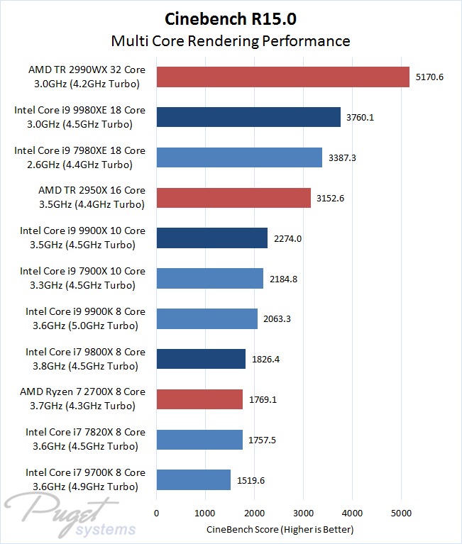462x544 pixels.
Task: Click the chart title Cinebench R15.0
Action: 231,17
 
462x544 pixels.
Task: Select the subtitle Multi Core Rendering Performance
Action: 231,40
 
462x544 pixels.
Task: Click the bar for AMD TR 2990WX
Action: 282,77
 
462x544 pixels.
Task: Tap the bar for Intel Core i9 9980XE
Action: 248,117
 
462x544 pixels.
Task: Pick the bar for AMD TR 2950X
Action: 233,197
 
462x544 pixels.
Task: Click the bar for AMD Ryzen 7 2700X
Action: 199,399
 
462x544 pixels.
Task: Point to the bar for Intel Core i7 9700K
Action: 194,479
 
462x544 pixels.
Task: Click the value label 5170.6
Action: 429,77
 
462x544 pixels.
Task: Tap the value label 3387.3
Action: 342,157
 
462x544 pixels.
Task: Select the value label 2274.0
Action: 287,238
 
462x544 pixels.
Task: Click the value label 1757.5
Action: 263,440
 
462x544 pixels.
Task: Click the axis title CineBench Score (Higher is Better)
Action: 280,530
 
